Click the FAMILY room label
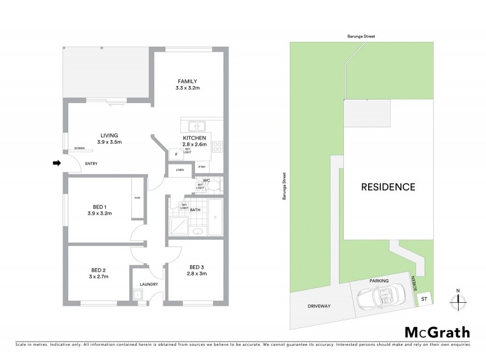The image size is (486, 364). [188, 81]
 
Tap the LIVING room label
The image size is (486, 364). [109, 135]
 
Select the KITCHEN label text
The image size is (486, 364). [195, 138]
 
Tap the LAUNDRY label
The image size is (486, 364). [149, 284]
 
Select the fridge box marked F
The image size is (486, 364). [176, 154]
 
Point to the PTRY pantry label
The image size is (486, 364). [202, 167]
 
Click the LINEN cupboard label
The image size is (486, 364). [180, 170]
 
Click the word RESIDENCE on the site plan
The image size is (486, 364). [389, 187]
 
